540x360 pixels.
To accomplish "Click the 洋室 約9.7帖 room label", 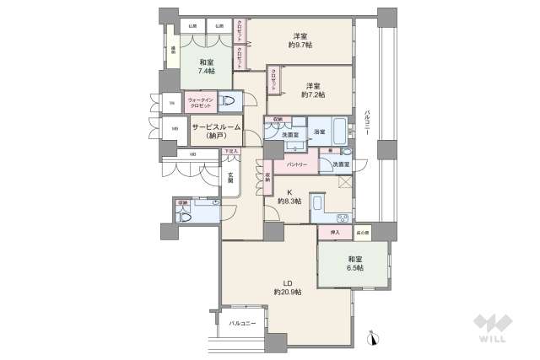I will point(300,40).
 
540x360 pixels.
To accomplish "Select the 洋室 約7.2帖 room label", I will point(313,90).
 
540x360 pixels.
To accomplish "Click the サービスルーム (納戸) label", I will point(216,131).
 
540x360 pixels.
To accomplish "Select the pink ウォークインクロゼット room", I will point(201,104).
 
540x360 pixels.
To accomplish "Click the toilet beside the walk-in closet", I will point(229,103).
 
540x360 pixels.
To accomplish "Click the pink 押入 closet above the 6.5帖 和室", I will point(335,232).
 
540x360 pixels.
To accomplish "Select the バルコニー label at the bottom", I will point(242,323).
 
